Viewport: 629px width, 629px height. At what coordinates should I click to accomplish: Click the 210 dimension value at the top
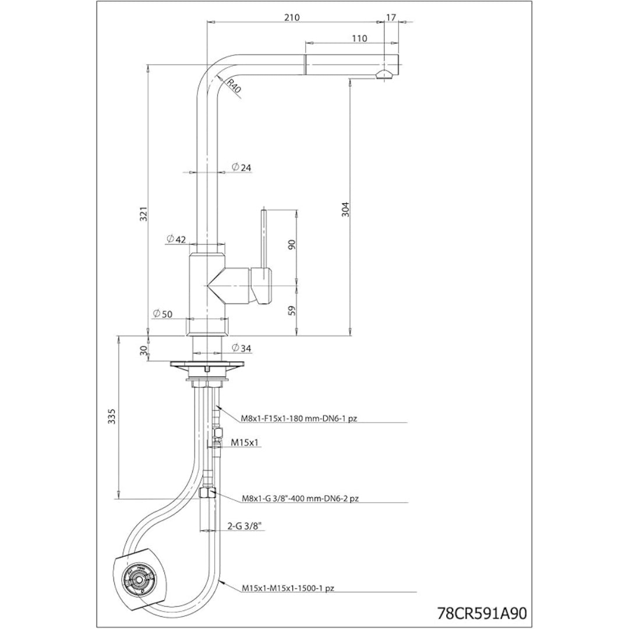292,17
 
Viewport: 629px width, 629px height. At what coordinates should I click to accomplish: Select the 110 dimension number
359,38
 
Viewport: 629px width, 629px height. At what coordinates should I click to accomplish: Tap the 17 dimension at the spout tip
391,17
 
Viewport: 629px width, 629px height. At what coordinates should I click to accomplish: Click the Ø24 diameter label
242,167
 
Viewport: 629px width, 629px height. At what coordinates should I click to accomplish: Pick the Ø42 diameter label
176,239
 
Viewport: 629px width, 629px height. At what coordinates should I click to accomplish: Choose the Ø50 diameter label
162,314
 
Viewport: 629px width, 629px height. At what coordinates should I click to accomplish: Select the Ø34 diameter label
242,348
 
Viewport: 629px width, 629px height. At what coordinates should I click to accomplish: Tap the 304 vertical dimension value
346,209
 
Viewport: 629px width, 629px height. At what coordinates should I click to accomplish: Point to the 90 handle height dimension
292,244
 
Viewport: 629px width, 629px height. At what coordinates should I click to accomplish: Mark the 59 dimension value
292,310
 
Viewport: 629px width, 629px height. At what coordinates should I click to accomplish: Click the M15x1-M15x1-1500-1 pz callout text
288,588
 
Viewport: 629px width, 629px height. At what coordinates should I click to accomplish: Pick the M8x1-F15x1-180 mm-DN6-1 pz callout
299,419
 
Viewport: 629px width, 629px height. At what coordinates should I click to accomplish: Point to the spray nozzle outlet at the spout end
383,75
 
